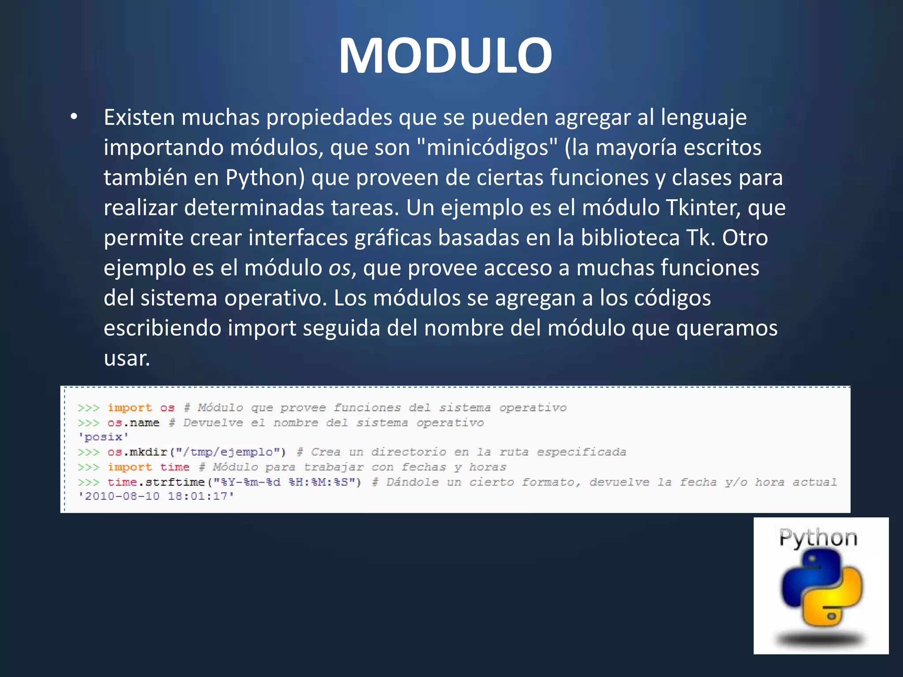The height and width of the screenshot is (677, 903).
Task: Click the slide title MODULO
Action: tap(445, 56)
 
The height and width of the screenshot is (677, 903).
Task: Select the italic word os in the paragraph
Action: tap(339, 268)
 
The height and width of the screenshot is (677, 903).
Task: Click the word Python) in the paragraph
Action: tap(265, 178)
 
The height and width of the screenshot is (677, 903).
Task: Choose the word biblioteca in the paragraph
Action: tap(630, 238)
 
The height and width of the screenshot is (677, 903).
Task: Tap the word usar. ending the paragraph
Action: tap(127, 358)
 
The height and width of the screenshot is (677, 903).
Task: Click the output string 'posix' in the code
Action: tap(104, 437)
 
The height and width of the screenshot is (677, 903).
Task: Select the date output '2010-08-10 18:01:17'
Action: tap(156, 496)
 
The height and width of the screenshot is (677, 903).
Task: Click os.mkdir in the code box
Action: tap(137, 452)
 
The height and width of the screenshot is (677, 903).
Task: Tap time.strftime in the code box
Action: tap(156, 482)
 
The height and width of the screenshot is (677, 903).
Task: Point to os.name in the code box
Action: tap(133, 423)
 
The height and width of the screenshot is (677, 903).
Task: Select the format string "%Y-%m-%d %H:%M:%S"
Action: tap(284, 482)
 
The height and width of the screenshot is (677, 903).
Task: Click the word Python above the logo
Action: tap(818, 538)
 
